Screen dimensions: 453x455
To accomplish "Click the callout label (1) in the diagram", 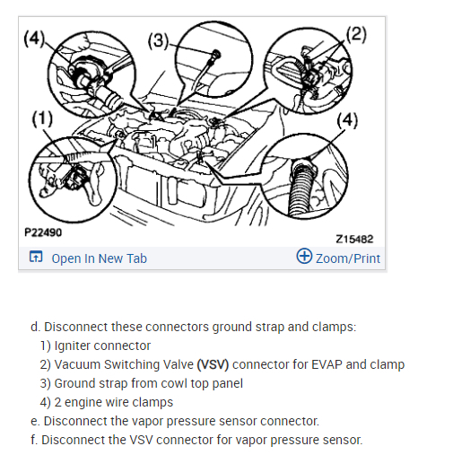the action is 42,118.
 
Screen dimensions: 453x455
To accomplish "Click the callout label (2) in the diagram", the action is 356,34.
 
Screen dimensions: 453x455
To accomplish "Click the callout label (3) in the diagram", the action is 159,40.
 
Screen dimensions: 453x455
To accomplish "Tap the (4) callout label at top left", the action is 34,39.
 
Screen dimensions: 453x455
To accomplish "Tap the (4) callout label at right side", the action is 347,120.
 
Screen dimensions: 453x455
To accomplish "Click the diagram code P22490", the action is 43,232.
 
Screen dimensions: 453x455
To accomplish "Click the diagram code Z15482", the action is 354,239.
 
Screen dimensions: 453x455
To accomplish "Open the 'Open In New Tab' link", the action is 100,258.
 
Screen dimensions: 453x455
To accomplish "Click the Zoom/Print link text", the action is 348,258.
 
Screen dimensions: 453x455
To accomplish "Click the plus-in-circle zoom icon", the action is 304,256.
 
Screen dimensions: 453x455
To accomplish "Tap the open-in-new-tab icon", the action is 36,257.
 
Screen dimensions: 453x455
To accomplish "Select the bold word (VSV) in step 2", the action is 213,364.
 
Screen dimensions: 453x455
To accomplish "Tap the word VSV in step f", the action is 141,440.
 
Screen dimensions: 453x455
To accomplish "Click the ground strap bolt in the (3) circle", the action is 216,55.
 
